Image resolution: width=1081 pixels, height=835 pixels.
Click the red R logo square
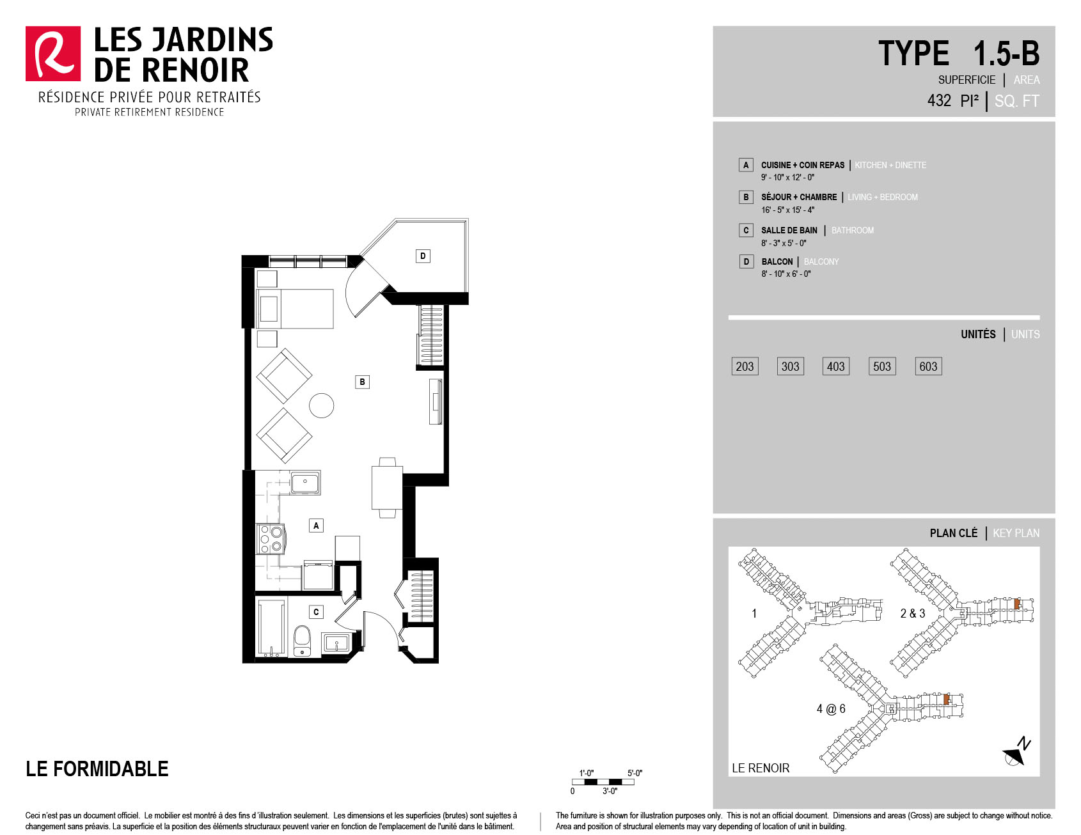click(53, 54)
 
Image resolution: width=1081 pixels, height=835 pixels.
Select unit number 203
click(745, 366)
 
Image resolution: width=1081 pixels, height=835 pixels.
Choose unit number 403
click(836, 366)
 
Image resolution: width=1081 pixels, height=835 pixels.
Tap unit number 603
click(928, 366)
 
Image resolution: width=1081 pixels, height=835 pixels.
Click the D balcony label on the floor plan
click(423, 256)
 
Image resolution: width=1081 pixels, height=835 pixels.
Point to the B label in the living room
click(362, 382)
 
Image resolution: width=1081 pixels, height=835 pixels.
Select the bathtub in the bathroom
click(271, 628)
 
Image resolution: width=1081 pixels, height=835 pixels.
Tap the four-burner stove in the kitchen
click(271, 538)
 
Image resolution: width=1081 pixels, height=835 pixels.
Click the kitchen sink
click(306, 483)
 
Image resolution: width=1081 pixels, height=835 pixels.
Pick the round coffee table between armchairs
click(321, 405)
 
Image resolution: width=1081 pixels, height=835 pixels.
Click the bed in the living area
click(295, 309)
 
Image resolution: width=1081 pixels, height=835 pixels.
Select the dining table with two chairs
click(387, 488)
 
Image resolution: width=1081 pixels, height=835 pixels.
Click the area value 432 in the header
click(939, 100)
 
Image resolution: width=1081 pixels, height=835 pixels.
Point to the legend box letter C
click(746, 230)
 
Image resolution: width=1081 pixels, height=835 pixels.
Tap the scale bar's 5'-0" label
click(635, 773)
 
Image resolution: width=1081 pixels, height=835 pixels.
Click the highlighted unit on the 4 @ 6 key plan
click(946, 699)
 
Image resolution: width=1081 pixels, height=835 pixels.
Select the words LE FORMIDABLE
click(97, 769)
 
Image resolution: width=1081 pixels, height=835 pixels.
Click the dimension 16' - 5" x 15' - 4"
click(787, 210)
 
